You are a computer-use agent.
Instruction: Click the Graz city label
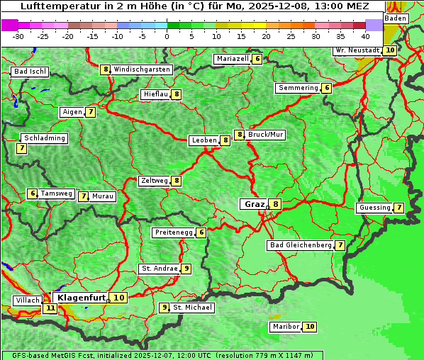254,204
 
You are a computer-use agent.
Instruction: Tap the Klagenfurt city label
81,298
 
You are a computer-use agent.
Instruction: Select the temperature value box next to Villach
50,308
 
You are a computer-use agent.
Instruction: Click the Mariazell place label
233,59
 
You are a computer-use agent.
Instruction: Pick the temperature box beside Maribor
310,327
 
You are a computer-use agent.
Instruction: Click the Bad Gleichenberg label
300,245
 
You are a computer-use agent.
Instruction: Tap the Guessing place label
374,208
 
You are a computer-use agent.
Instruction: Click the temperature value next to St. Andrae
186,269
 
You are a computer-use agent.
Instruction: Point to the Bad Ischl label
30,72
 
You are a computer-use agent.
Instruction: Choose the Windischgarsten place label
142,69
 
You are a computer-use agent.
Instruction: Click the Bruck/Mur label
266,134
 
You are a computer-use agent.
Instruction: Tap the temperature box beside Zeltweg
177,181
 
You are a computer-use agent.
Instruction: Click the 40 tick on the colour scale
365,35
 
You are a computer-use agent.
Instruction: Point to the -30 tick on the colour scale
18,35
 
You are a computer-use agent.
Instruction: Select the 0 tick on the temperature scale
167,35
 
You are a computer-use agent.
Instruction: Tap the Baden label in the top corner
396,18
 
